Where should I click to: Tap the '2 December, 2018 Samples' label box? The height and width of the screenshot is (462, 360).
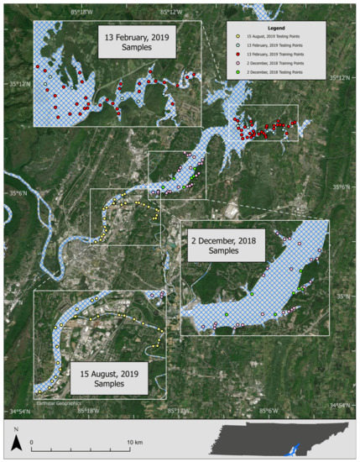point(225,246)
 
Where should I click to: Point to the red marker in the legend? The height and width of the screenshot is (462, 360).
point(238,54)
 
